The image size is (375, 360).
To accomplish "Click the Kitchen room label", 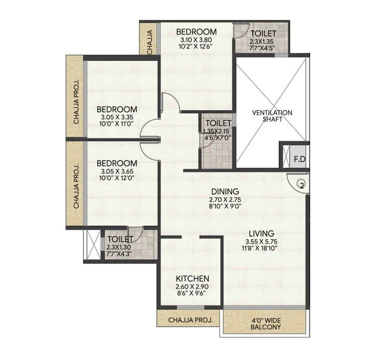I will coord(192,279).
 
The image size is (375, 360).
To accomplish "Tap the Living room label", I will coord(262,233).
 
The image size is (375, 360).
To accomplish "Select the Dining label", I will coord(225,191).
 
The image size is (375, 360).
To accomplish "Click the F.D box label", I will coord(299,160).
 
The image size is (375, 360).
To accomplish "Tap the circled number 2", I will coord(301,185).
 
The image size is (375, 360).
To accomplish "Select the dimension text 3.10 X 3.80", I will coord(196,40).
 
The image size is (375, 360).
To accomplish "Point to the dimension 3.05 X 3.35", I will coord(117,118).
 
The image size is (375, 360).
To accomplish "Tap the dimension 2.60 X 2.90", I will coord(192,287).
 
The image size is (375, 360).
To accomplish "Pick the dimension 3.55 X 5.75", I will coord(262,242).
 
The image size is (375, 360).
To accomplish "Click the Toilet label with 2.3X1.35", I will coord(262,33).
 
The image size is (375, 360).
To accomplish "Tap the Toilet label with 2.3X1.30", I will coord(120,239).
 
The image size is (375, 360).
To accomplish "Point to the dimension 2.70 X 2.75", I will coord(225,200).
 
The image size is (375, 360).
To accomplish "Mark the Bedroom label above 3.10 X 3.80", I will coord(196,32).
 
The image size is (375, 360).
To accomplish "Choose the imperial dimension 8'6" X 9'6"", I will coord(192,294).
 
